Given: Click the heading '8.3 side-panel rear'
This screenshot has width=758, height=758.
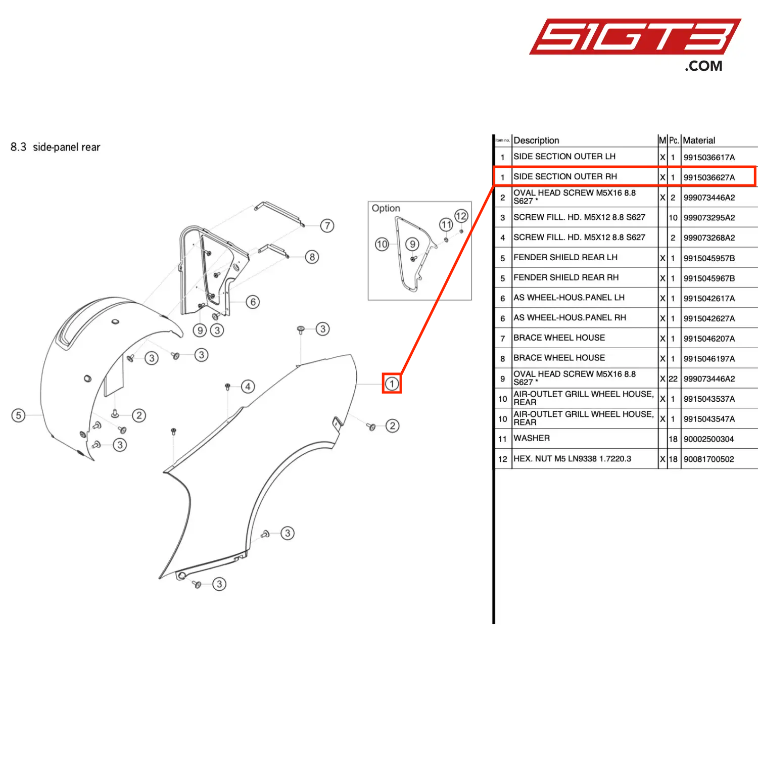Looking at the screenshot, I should coord(56,147).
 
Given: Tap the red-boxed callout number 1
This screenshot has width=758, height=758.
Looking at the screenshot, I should coord(392,384).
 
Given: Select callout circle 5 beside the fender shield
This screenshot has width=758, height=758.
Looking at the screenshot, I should coord(19,415).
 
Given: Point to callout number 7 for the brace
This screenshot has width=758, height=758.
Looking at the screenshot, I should coord(327,225).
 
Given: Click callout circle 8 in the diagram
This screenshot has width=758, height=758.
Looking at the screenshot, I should coord(312,257).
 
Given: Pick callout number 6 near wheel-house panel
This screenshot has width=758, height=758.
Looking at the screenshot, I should coord(253,302).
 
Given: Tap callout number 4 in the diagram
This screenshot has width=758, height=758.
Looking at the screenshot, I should coord(248,387).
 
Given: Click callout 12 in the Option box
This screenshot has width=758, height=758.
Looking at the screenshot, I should coord(461,216).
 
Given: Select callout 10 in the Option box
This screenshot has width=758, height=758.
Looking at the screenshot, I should coord(382,245).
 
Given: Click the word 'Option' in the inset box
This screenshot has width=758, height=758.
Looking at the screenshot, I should coord(386,208).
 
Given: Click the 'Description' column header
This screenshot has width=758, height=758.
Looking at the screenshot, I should coord(536,140).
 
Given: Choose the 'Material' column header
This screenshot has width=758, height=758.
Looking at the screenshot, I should coord(699,140).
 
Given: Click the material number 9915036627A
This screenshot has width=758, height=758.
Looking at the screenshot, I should coord(709,177).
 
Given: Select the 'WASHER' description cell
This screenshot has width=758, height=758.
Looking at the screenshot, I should coord(532,438).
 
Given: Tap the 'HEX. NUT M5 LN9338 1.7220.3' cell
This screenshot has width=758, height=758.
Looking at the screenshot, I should coord(572,459).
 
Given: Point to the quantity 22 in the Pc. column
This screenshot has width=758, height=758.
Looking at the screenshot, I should coord(673,379).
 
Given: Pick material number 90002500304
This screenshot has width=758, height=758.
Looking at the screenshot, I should coord(708,439).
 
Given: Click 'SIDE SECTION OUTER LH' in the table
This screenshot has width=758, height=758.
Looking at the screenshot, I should coord(564,157).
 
